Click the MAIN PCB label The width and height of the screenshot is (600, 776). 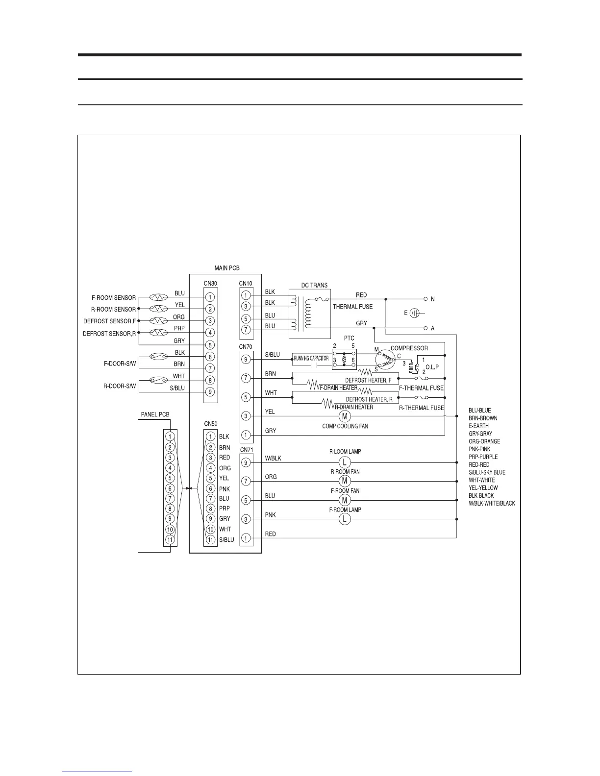pos(227,268)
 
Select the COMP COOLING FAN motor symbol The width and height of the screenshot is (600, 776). pos(345,416)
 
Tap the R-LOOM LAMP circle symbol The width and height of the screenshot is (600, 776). pos(345,462)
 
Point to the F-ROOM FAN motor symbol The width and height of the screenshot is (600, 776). pos(345,500)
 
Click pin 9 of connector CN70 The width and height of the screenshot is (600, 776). pos(246,360)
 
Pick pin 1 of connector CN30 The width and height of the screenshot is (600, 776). pos(210,297)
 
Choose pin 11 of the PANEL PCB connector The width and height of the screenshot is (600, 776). pos(170,539)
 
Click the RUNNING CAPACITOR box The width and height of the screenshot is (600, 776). pos(311,359)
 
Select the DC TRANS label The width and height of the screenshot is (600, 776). pos(314,285)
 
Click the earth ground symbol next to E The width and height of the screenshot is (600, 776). pos(414,313)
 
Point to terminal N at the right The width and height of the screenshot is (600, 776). pos(425,299)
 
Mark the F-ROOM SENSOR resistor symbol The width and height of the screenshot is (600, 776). pos(158,297)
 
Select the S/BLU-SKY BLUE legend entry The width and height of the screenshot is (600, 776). pos(487,472)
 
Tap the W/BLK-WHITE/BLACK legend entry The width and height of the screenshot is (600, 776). pos(492,503)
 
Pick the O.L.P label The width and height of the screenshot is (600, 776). pos(431,367)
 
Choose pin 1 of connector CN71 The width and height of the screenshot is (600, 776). pos(246,538)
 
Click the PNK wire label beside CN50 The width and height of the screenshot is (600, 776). pos(224,488)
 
